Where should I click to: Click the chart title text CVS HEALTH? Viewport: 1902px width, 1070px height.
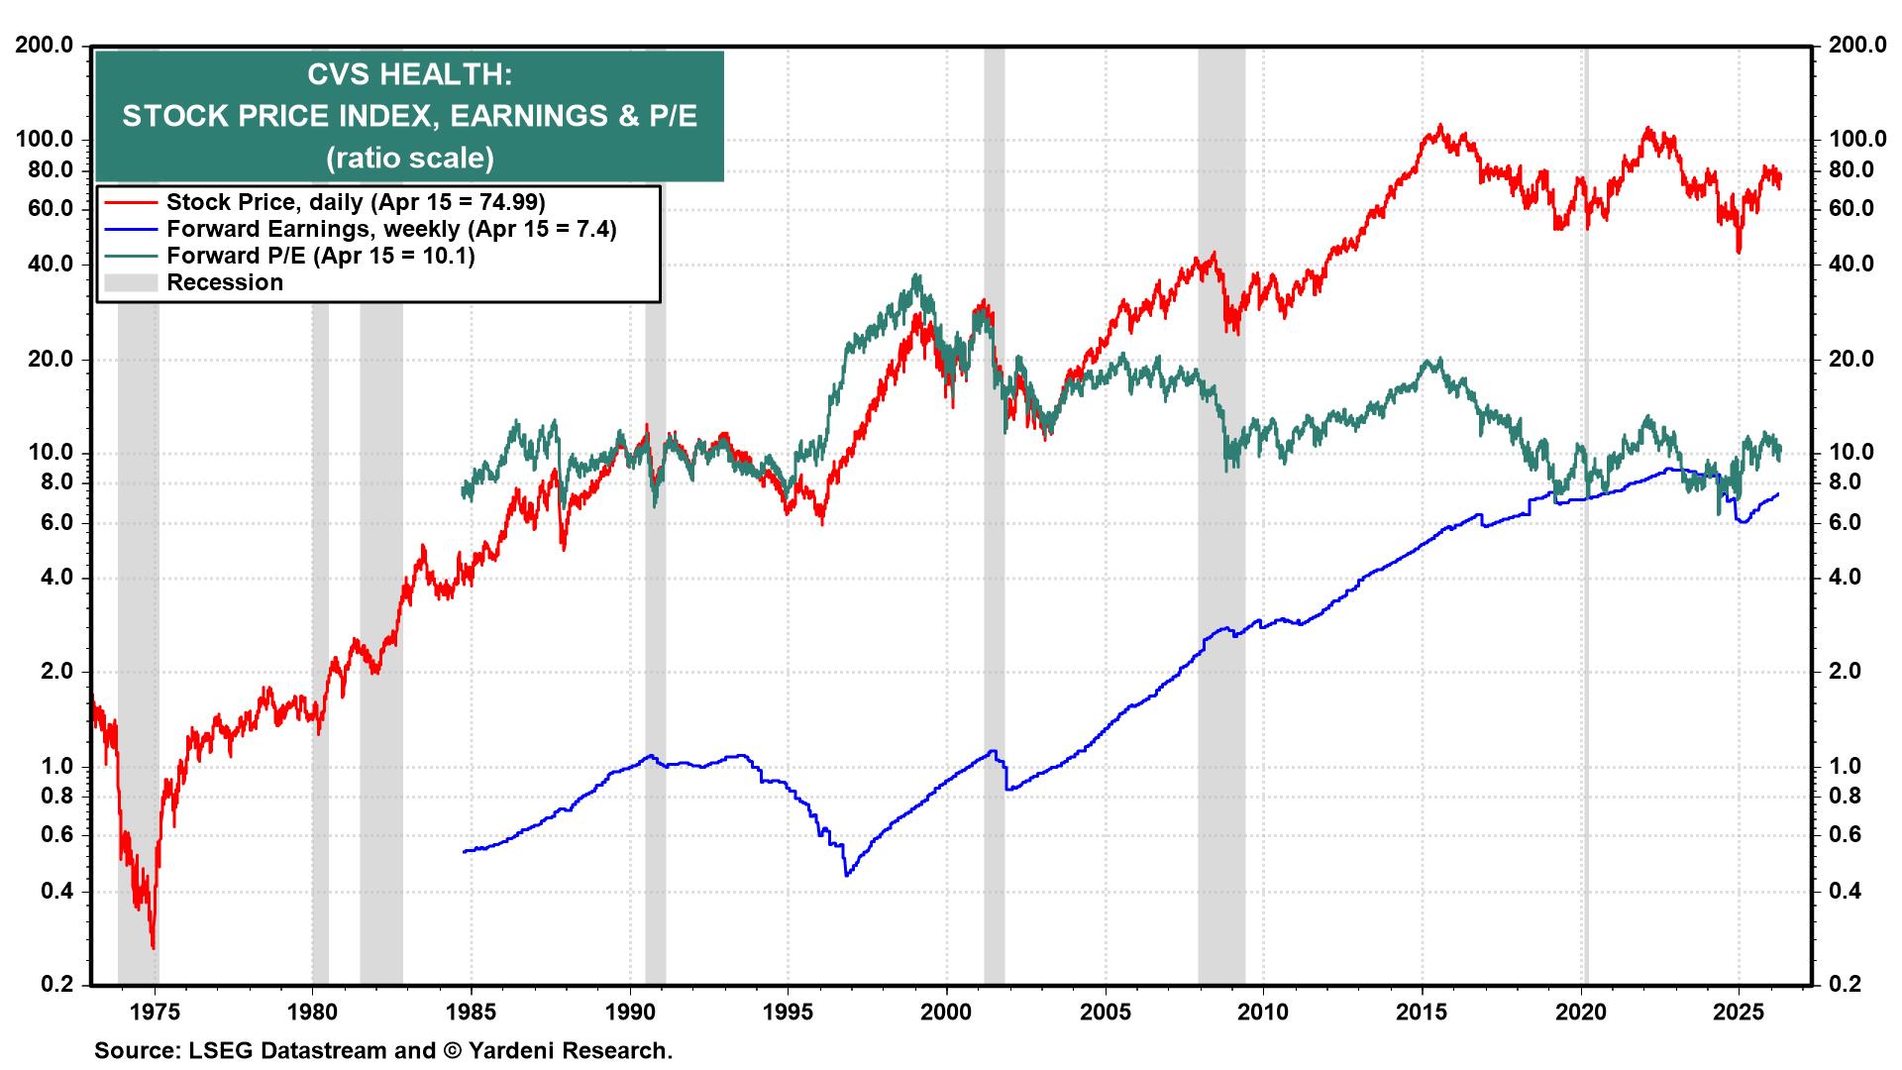click(409, 75)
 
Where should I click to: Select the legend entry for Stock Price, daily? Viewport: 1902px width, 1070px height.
click(355, 202)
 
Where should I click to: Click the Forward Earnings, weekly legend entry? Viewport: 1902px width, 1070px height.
click(390, 229)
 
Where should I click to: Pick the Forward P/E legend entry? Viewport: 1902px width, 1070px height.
click(320, 256)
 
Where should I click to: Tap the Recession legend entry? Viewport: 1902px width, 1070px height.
click(224, 282)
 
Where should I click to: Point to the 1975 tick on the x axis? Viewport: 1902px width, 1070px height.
click(154, 1013)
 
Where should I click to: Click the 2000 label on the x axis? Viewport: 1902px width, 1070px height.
click(946, 1013)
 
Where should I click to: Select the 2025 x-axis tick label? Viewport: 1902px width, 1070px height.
click(1739, 1013)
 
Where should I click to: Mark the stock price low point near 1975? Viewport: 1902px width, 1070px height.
click(153, 948)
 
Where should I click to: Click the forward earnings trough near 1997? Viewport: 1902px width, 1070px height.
click(846, 875)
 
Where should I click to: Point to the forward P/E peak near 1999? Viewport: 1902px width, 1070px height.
click(917, 275)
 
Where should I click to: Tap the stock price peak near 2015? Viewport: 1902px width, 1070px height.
click(1439, 126)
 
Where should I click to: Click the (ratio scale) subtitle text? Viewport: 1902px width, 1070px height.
click(409, 158)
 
